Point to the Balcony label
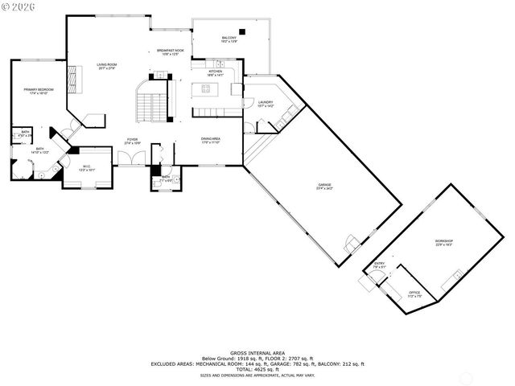[x=229, y=39]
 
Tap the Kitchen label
[x=216, y=73]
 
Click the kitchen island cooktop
[x=207, y=89]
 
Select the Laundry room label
[x=266, y=103]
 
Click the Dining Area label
[x=211, y=142]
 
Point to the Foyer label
[x=131, y=142]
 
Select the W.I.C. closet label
[x=87, y=168]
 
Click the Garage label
[x=325, y=187]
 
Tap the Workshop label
[x=444, y=242]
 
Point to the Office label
[x=414, y=294]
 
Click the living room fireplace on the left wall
[x=70, y=78]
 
